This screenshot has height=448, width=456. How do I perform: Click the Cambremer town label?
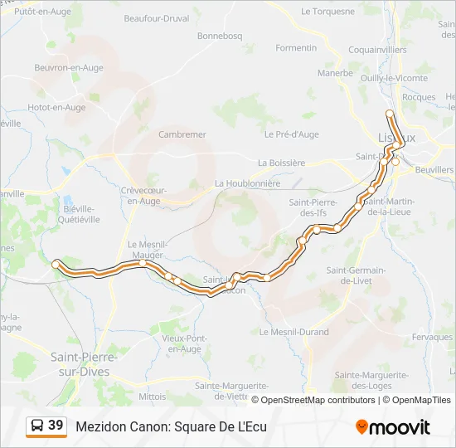pos(182,134)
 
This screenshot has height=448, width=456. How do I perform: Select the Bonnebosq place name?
pos(220,37)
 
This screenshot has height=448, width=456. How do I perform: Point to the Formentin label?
pos(296,48)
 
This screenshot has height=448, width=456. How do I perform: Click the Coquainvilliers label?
pos(377,50)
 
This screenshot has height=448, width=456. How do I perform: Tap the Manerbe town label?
pos(335,73)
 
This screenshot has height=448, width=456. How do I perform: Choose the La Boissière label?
pos(282,163)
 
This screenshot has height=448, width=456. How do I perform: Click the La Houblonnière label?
pos(248,183)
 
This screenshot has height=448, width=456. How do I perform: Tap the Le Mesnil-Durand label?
pos(293,332)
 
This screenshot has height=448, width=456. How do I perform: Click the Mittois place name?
pos(153,397)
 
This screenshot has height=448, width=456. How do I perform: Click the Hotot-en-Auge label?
pos(56,107)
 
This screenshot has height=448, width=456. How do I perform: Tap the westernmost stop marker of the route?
pos(56,264)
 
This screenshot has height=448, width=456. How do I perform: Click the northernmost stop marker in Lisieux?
pos(390,114)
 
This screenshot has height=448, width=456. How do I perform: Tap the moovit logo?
pos(393,427)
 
